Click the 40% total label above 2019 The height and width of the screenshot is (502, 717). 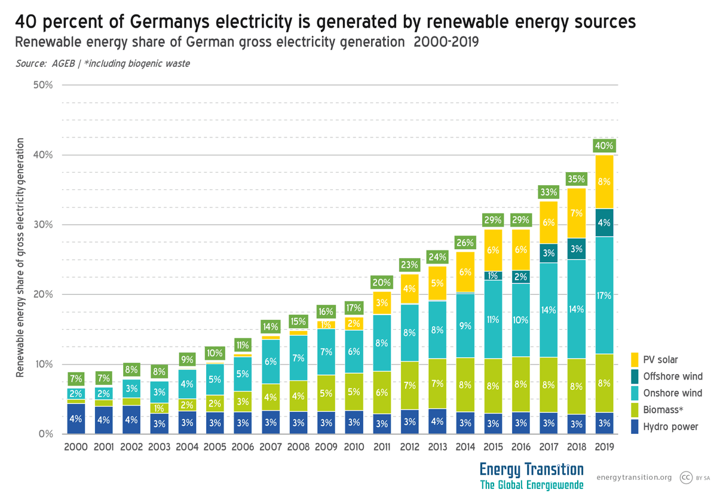click(x=604, y=145)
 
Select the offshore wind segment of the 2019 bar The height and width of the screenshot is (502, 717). click(x=604, y=223)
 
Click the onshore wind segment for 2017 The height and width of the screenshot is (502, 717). click(x=549, y=310)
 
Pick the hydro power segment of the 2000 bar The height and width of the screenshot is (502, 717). click(x=76, y=419)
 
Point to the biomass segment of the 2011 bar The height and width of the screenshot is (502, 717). click(x=382, y=393)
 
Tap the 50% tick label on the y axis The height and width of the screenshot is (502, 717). click(x=44, y=85)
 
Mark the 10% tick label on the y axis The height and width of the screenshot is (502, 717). click(x=44, y=365)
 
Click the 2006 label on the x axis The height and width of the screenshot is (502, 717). click(x=243, y=447)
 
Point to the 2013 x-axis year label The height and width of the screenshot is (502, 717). click(x=438, y=447)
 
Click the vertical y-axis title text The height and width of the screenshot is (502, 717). click(x=20, y=257)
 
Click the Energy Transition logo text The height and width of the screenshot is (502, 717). click(x=531, y=469)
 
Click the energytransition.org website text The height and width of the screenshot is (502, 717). click(x=634, y=477)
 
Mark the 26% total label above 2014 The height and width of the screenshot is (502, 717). click(x=465, y=243)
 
